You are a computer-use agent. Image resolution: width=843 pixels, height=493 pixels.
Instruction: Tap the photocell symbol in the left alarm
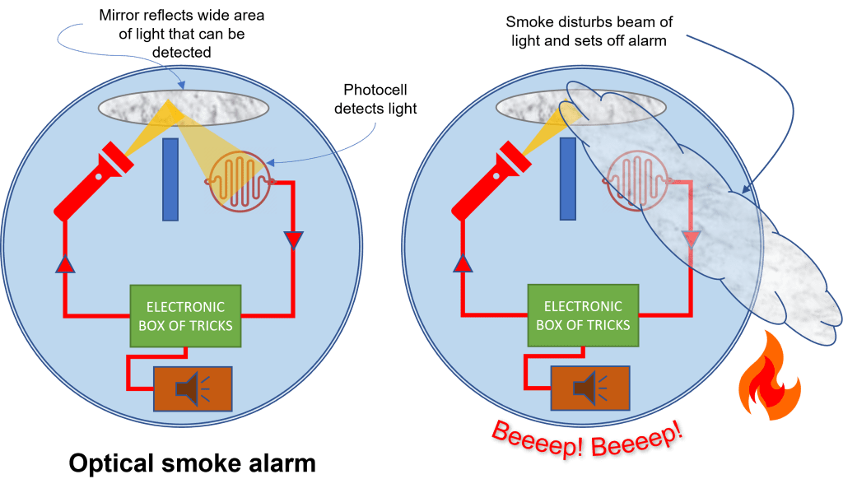pos(234,179)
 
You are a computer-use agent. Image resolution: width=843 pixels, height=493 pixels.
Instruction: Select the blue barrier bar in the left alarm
pos(170,179)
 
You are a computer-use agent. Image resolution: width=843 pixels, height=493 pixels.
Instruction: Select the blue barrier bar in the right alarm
pos(567,179)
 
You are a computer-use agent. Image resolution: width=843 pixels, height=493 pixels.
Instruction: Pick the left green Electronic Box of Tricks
pos(185,314)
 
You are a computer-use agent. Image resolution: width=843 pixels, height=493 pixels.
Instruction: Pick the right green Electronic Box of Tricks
pos(583,314)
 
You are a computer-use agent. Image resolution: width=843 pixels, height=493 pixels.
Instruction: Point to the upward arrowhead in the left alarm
pos(64,263)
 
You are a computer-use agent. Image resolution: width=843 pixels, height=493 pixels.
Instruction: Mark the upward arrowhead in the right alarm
pos(462,263)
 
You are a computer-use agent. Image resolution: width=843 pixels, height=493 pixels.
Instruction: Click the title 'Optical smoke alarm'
pos(192,463)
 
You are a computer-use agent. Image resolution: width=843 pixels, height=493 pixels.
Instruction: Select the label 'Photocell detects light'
pos(375,100)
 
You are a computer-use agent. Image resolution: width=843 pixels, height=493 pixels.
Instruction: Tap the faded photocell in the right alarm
pos(631,179)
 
